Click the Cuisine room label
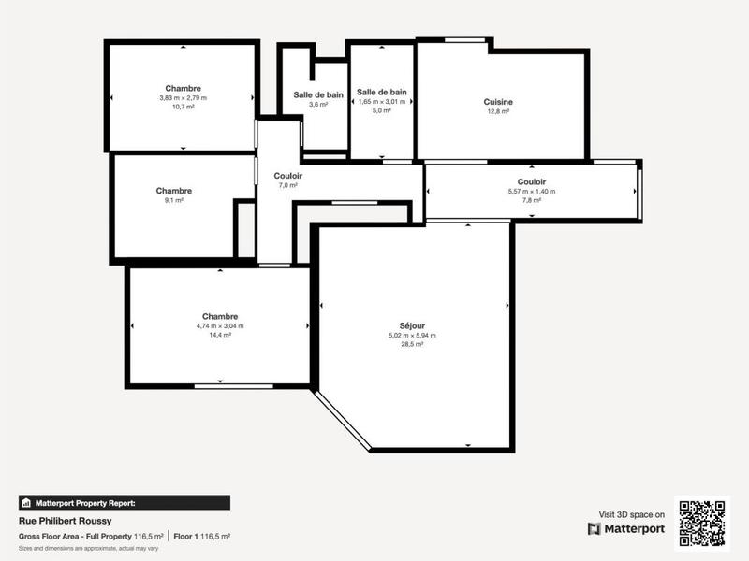click(x=498, y=102)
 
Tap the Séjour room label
click(x=412, y=326)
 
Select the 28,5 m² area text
click(x=412, y=345)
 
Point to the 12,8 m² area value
click(x=498, y=111)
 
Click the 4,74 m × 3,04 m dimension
click(x=220, y=325)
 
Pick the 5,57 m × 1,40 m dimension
click(x=531, y=191)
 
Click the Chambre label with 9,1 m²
click(x=174, y=191)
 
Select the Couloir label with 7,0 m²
click(x=287, y=176)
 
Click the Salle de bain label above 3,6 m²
click(x=318, y=94)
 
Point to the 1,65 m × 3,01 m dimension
click(x=381, y=101)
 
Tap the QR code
click(x=702, y=523)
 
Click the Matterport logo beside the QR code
click(x=626, y=529)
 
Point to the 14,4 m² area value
click(x=220, y=335)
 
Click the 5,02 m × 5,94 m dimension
click(x=412, y=336)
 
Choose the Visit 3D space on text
click(x=632, y=514)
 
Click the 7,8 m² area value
click(x=531, y=200)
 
